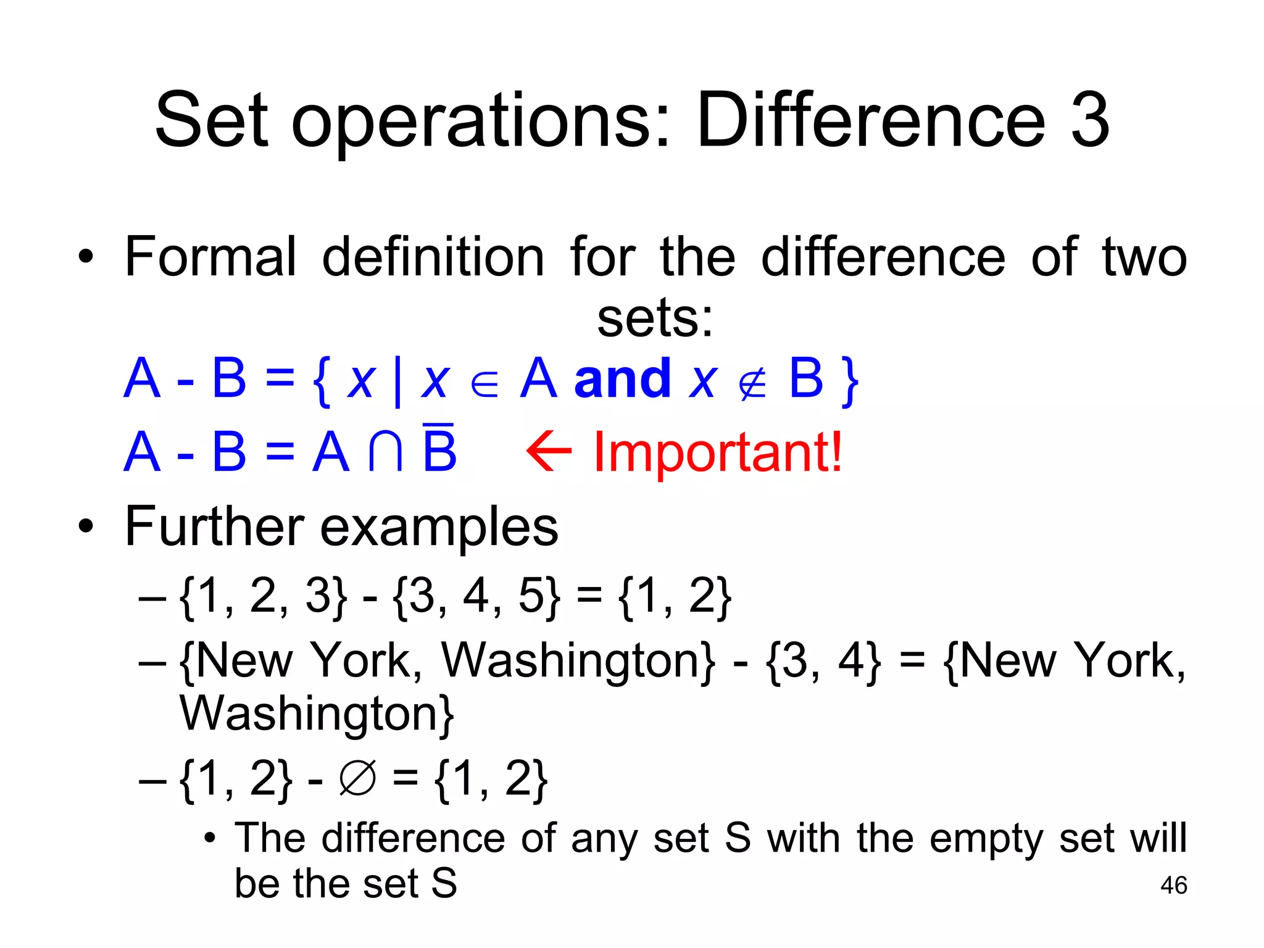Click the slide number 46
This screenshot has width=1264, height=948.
tap(1173, 885)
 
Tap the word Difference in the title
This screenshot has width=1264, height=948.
tap(871, 120)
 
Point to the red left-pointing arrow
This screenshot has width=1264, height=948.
tap(549, 451)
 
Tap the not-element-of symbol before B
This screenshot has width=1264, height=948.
tap(752, 385)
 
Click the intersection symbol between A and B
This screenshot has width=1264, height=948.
tap(386, 452)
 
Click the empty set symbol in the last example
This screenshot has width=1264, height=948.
tap(357, 778)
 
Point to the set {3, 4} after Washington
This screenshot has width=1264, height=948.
tap(823, 662)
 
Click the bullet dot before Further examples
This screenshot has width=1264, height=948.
tap(86, 526)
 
